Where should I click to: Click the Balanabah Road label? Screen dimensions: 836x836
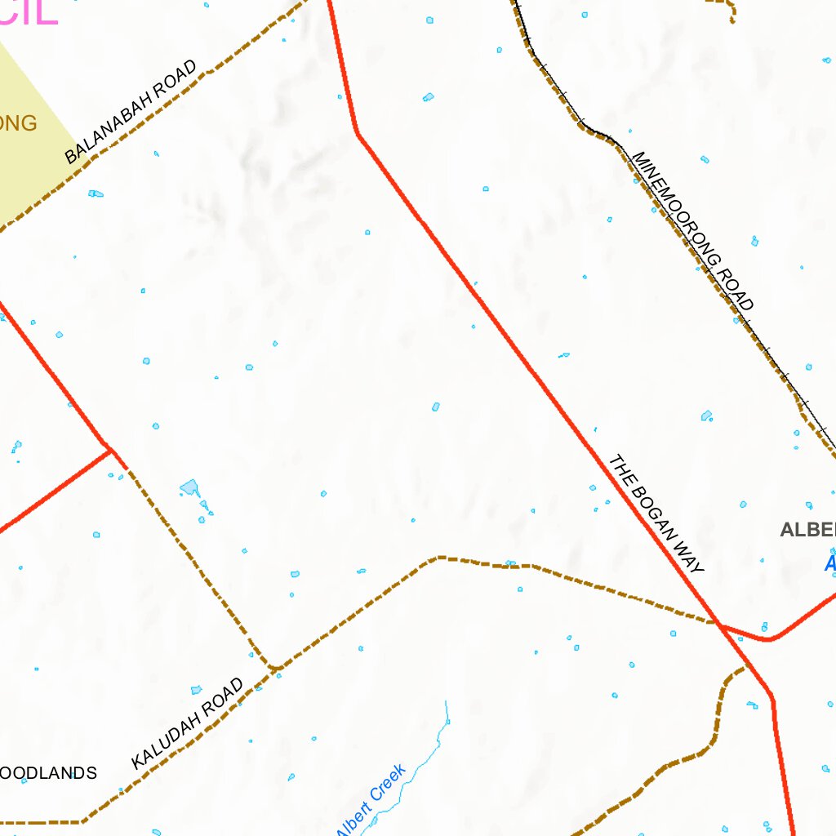(x=131, y=112)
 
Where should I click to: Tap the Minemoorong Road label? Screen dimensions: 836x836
(x=692, y=231)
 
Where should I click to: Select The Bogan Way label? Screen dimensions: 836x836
(x=656, y=514)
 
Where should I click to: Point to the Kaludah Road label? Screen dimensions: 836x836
(x=188, y=724)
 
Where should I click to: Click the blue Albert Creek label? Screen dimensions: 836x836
(x=372, y=799)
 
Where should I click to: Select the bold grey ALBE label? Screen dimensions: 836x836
(x=807, y=530)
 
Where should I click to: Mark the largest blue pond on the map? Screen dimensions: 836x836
(x=189, y=488)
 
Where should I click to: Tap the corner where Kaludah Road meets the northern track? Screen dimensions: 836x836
(x=275, y=668)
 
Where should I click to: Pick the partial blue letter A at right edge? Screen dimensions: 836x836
(x=830, y=563)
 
